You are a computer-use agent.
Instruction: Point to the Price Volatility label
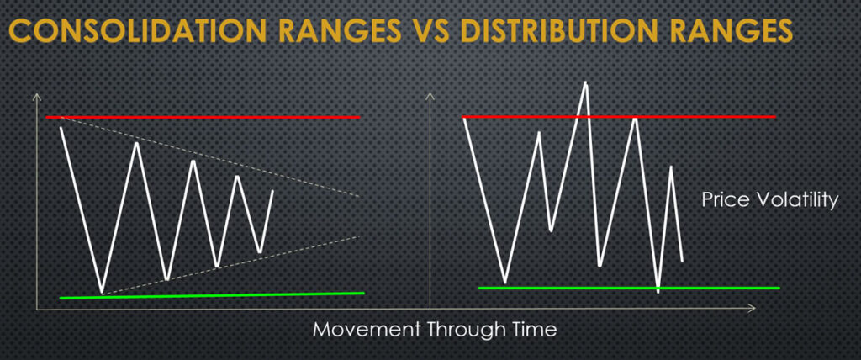(x=769, y=200)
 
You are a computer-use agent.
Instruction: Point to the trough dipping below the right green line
(x=658, y=291)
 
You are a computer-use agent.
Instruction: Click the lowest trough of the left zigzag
(x=102, y=292)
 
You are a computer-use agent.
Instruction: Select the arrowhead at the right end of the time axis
(x=752, y=310)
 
